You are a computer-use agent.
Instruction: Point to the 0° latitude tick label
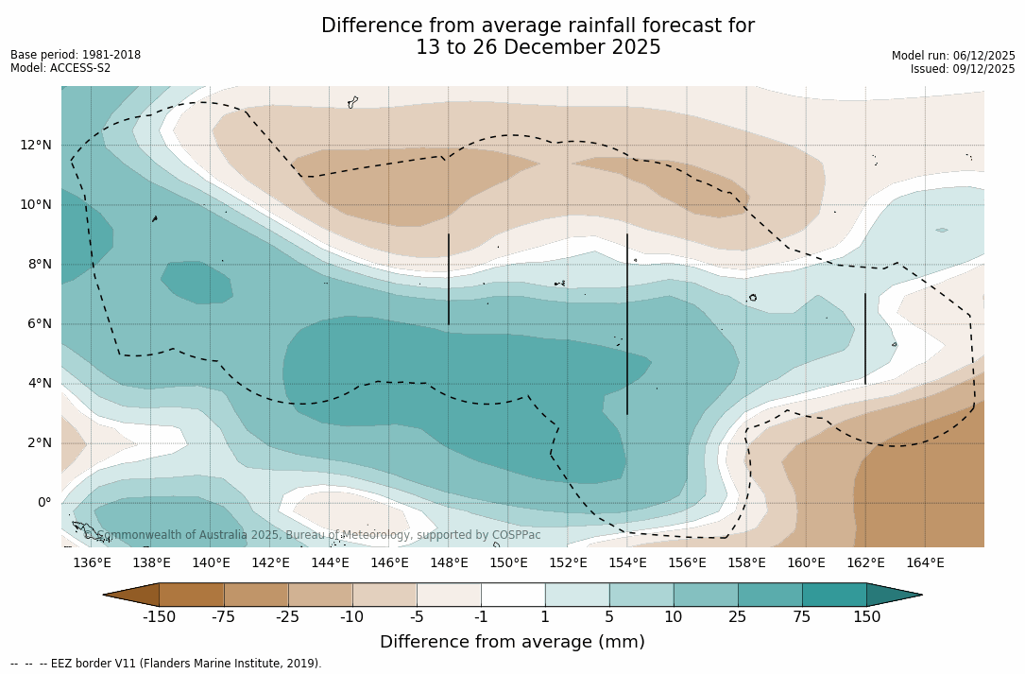point(43,503)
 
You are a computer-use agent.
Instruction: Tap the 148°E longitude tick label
point(449,563)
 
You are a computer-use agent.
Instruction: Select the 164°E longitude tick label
point(925,563)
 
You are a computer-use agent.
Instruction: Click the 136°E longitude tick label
point(92,563)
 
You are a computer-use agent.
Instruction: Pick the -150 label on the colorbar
point(160,617)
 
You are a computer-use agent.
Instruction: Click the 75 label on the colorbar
point(802,617)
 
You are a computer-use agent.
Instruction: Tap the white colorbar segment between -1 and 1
point(513,595)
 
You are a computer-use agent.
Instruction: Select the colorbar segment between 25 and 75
point(770,595)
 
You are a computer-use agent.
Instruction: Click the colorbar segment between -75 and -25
point(256,595)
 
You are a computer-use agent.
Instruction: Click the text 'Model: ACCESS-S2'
point(60,68)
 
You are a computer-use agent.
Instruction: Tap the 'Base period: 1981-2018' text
point(76,55)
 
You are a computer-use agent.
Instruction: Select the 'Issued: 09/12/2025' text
point(963,69)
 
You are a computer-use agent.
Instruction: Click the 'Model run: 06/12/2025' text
point(953,56)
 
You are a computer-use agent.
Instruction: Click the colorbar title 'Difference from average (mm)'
point(512,642)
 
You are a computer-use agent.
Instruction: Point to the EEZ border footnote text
point(166,664)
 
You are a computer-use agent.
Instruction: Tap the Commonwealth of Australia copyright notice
point(313,535)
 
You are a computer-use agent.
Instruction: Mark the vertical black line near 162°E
point(864,338)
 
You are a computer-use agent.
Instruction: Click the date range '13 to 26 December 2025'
point(538,47)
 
